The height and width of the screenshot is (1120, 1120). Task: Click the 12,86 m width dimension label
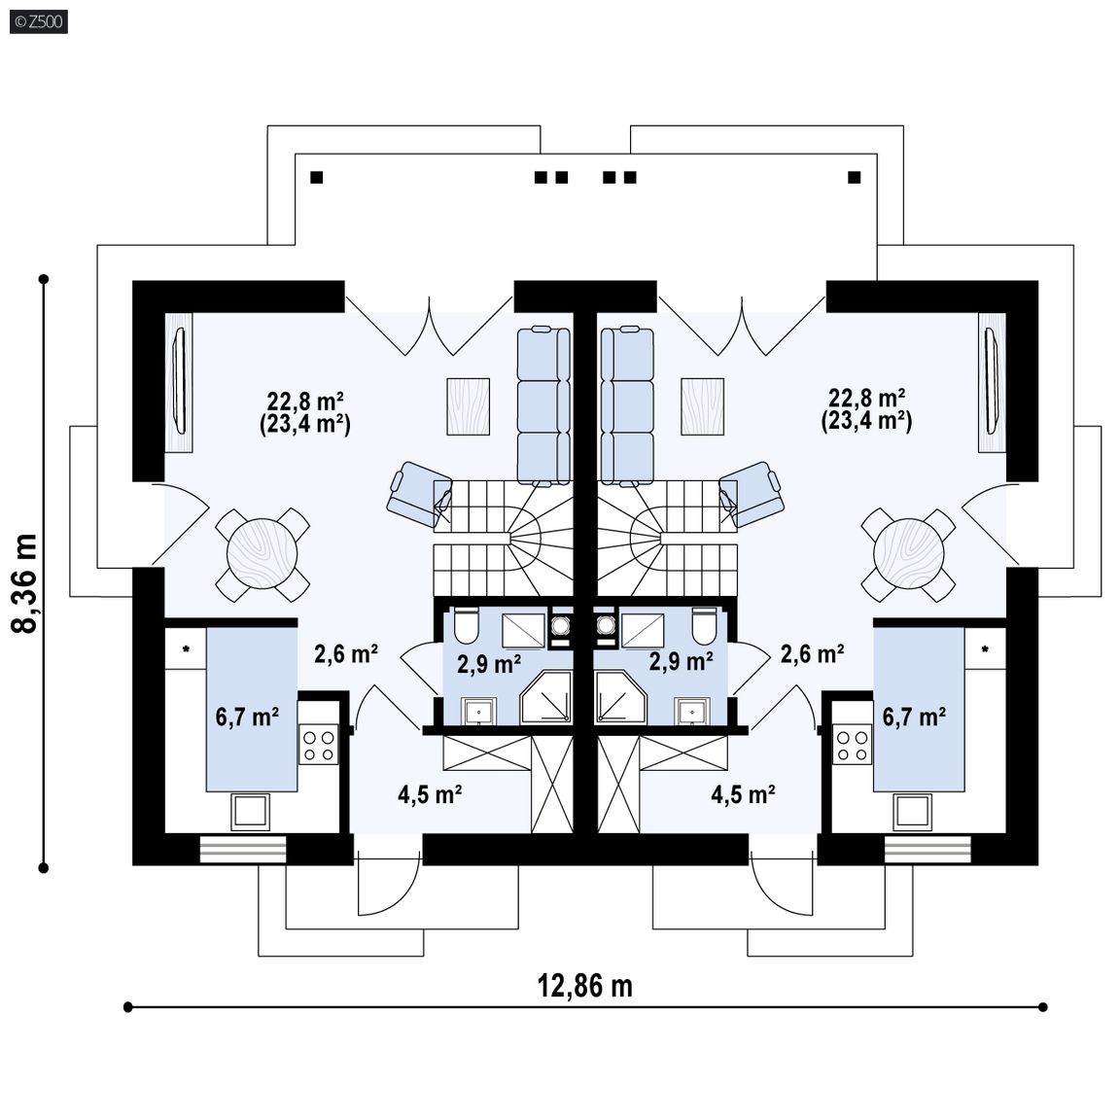[x=585, y=986]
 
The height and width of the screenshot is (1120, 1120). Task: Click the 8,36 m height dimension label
[x=25, y=583]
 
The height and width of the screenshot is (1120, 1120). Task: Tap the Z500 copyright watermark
[x=39, y=21]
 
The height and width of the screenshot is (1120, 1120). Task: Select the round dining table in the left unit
[x=262, y=554]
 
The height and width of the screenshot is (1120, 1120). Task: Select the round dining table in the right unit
[x=909, y=554]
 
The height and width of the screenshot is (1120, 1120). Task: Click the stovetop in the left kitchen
[x=319, y=744]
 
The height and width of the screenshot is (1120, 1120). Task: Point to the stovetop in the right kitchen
[x=853, y=744]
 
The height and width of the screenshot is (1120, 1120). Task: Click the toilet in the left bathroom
[x=466, y=624]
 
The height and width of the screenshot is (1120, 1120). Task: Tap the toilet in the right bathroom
[x=704, y=624]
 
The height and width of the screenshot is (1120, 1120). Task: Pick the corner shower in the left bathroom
[x=546, y=697]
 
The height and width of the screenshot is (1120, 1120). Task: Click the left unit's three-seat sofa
[x=543, y=405]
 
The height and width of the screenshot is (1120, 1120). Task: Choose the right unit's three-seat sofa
[x=627, y=405]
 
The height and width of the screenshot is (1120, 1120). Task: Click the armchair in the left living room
[x=419, y=494]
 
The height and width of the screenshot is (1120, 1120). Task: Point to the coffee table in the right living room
[x=702, y=406]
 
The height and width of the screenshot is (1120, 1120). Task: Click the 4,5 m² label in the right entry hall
[x=744, y=794]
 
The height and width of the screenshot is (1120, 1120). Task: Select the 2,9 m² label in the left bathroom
[x=489, y=664]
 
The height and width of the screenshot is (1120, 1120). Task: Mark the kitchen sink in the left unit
[x=250, y=812]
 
